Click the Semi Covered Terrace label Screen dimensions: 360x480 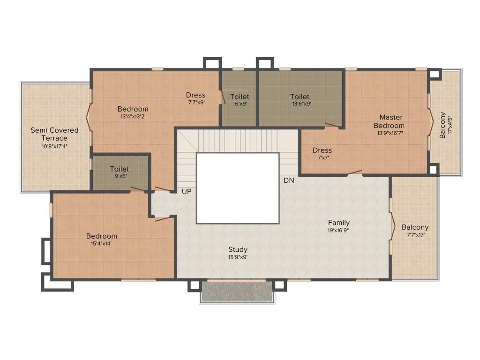point(54,134)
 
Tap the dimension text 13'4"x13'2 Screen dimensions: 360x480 point(133,117)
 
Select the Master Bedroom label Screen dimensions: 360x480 point(391,121)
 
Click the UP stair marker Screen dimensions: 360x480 point(187,192)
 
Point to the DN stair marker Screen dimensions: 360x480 point(288,180)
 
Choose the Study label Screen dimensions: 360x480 point(238,249)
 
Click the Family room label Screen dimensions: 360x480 point(338,223)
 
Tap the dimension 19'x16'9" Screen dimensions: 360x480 point(338,230)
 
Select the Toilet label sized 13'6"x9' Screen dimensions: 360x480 point(300,97)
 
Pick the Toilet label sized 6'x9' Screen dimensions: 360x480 point(240,97)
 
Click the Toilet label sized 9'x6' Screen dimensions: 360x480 point(119,169)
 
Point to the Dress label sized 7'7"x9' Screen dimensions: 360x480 point(195,95)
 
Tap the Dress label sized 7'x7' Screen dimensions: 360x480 point(322,150)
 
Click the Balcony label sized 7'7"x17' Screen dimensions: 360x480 point(415,227)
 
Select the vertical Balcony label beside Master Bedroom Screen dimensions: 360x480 point(442,125)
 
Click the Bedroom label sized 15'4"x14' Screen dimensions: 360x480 point(102,236)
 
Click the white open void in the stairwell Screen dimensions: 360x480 point(238,188)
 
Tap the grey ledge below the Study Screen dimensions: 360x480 point(237,292)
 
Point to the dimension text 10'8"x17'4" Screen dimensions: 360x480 point(54,146)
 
